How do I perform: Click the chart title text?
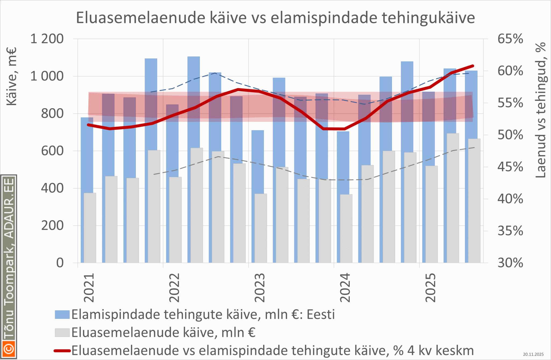coord(275,18)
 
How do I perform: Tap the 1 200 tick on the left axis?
coord(47,39)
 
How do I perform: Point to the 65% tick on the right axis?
coord(510,39)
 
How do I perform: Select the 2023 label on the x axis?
coord(260,288)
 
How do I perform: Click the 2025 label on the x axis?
coord(431,288)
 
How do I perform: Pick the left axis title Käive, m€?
coord(11,76)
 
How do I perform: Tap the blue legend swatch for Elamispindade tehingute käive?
coord(62,315)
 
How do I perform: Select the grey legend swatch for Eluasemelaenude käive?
coord(62,333)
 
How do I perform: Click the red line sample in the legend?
coord(62,351)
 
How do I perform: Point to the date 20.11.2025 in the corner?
coord(533,354)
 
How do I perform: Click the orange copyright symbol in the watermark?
coord(9,349)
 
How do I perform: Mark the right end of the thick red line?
coord(473,66)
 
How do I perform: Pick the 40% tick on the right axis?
coord(510,199)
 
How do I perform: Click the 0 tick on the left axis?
coord(60,263)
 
